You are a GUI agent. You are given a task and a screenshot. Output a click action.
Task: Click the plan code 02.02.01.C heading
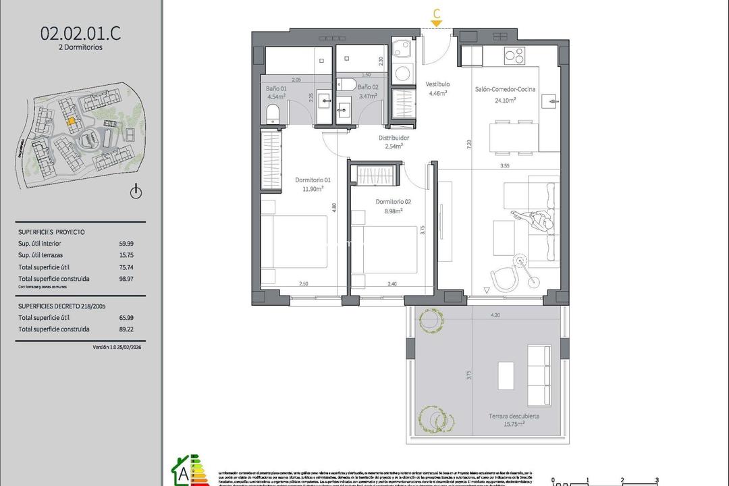[x=82, y=32]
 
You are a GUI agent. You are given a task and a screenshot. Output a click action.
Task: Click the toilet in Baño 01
[x=273, y=113]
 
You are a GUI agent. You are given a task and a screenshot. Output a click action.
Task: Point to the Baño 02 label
[x=369, y=88]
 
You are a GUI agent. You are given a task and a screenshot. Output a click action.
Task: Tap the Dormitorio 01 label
[x=313, y=180]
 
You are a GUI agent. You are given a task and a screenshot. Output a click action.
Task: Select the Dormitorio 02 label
[x=394, y=201]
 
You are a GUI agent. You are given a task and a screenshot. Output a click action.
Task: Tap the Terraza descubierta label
[x=515, y=416]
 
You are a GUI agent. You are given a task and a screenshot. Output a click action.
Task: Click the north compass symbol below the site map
[x=136, y=192]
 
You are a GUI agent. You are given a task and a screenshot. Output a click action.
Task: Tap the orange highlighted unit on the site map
[x=70, y=122]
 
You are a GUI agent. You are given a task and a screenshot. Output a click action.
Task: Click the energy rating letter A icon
[x=184, y=470]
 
